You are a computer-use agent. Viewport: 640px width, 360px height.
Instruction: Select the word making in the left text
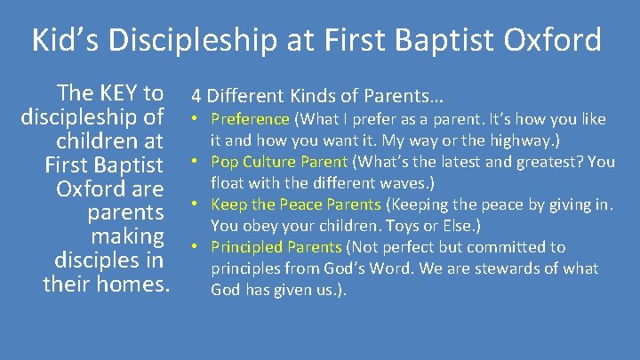click(x=128, y=236)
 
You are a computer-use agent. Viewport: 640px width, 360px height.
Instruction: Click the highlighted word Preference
click(x=250, y=119)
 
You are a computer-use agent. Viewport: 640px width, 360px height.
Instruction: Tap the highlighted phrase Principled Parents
click(x=276, y=247)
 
